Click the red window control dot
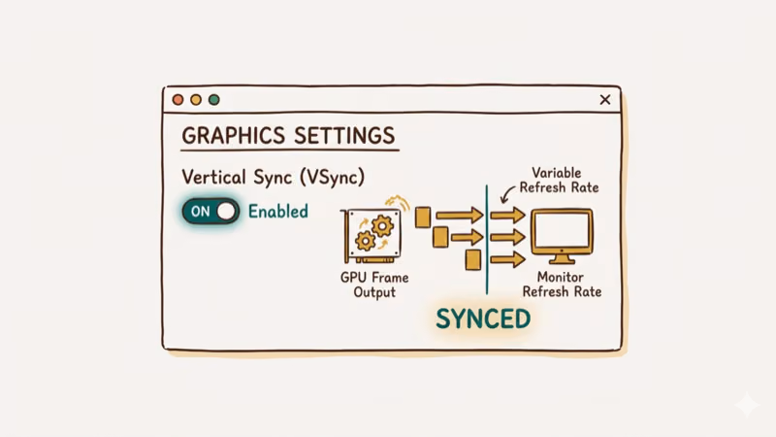point(178,100)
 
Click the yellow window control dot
point(196,100)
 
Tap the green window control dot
point(214,100)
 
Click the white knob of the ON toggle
point(226,211)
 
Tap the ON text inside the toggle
point(200,211)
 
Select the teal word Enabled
point(278,211)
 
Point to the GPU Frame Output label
point(374,285)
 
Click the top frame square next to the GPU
point(423,217)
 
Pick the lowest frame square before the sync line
point(473,259)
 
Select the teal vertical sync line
point(487,238)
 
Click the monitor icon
point(561,236)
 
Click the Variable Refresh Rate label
point(560,180)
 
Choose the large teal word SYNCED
point(483,319)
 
